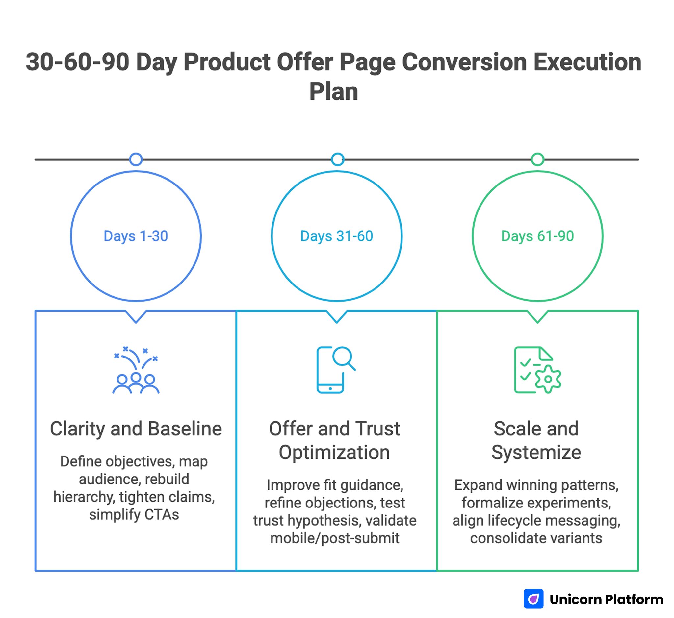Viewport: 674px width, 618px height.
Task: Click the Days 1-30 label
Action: click(x=136, y=236)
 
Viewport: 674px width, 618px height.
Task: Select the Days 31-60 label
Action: click(x=336, y=236)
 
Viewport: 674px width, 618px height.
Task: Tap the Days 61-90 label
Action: click(x=537, y=236)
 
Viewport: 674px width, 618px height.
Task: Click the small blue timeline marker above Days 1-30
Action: click(x=136, y=159)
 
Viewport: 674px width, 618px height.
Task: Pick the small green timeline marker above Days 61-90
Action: click(x=537, y=159)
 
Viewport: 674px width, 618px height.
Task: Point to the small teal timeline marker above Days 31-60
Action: click(x=337, y=159)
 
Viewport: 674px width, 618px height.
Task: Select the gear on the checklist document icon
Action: click(x=548, y=379)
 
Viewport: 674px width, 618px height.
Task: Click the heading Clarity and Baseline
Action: click(x=136, y=429)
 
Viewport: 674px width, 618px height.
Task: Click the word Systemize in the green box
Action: click(x=536, y=453)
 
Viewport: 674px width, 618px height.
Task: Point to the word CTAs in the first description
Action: click(x=162, y=514)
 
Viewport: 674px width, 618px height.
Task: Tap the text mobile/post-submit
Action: click(x=335, y=538)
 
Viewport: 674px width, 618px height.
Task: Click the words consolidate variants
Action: click(x=536, y=538)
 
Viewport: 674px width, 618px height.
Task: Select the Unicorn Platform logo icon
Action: click(x=533, y=599)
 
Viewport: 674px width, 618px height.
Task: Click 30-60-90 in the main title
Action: click(x=77, y=62)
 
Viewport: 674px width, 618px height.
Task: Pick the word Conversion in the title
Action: click(x=464, y=62)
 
